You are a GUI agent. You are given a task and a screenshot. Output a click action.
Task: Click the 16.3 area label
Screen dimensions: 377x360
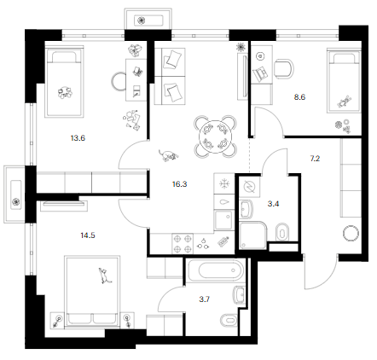180,184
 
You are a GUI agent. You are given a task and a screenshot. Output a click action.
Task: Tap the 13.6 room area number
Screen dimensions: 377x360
78,138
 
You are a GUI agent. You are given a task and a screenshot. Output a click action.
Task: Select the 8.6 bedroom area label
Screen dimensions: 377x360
299,97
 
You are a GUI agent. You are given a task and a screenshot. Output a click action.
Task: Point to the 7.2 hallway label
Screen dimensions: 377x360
315,159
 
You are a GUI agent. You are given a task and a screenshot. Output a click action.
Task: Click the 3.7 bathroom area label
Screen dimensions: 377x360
205,299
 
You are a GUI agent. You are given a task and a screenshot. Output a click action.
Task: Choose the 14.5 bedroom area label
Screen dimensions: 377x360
88,235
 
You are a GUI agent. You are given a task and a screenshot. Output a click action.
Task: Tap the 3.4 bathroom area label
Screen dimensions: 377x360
273,204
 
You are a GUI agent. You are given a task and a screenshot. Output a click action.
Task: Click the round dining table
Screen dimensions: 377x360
216,136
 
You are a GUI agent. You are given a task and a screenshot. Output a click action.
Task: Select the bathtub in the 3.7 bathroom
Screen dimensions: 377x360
216,270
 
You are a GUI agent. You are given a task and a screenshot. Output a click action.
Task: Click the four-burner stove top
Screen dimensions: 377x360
183,244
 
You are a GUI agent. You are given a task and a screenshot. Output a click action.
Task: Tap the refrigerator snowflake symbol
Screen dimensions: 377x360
224,183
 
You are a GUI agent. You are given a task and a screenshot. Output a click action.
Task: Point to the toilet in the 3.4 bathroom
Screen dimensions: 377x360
282,232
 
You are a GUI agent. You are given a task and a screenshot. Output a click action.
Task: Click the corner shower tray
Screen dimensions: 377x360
253,235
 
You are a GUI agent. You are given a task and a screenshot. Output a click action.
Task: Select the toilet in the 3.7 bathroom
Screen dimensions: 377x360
229,321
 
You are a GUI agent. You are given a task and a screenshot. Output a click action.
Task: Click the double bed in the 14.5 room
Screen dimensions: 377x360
92,291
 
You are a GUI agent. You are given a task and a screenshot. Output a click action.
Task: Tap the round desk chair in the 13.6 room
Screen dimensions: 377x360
119,82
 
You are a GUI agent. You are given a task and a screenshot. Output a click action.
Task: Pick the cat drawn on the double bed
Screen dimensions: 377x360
104,276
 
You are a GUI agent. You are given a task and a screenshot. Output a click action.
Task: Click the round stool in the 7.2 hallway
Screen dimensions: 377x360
351,233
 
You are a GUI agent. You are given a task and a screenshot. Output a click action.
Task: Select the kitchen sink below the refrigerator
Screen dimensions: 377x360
224,220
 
